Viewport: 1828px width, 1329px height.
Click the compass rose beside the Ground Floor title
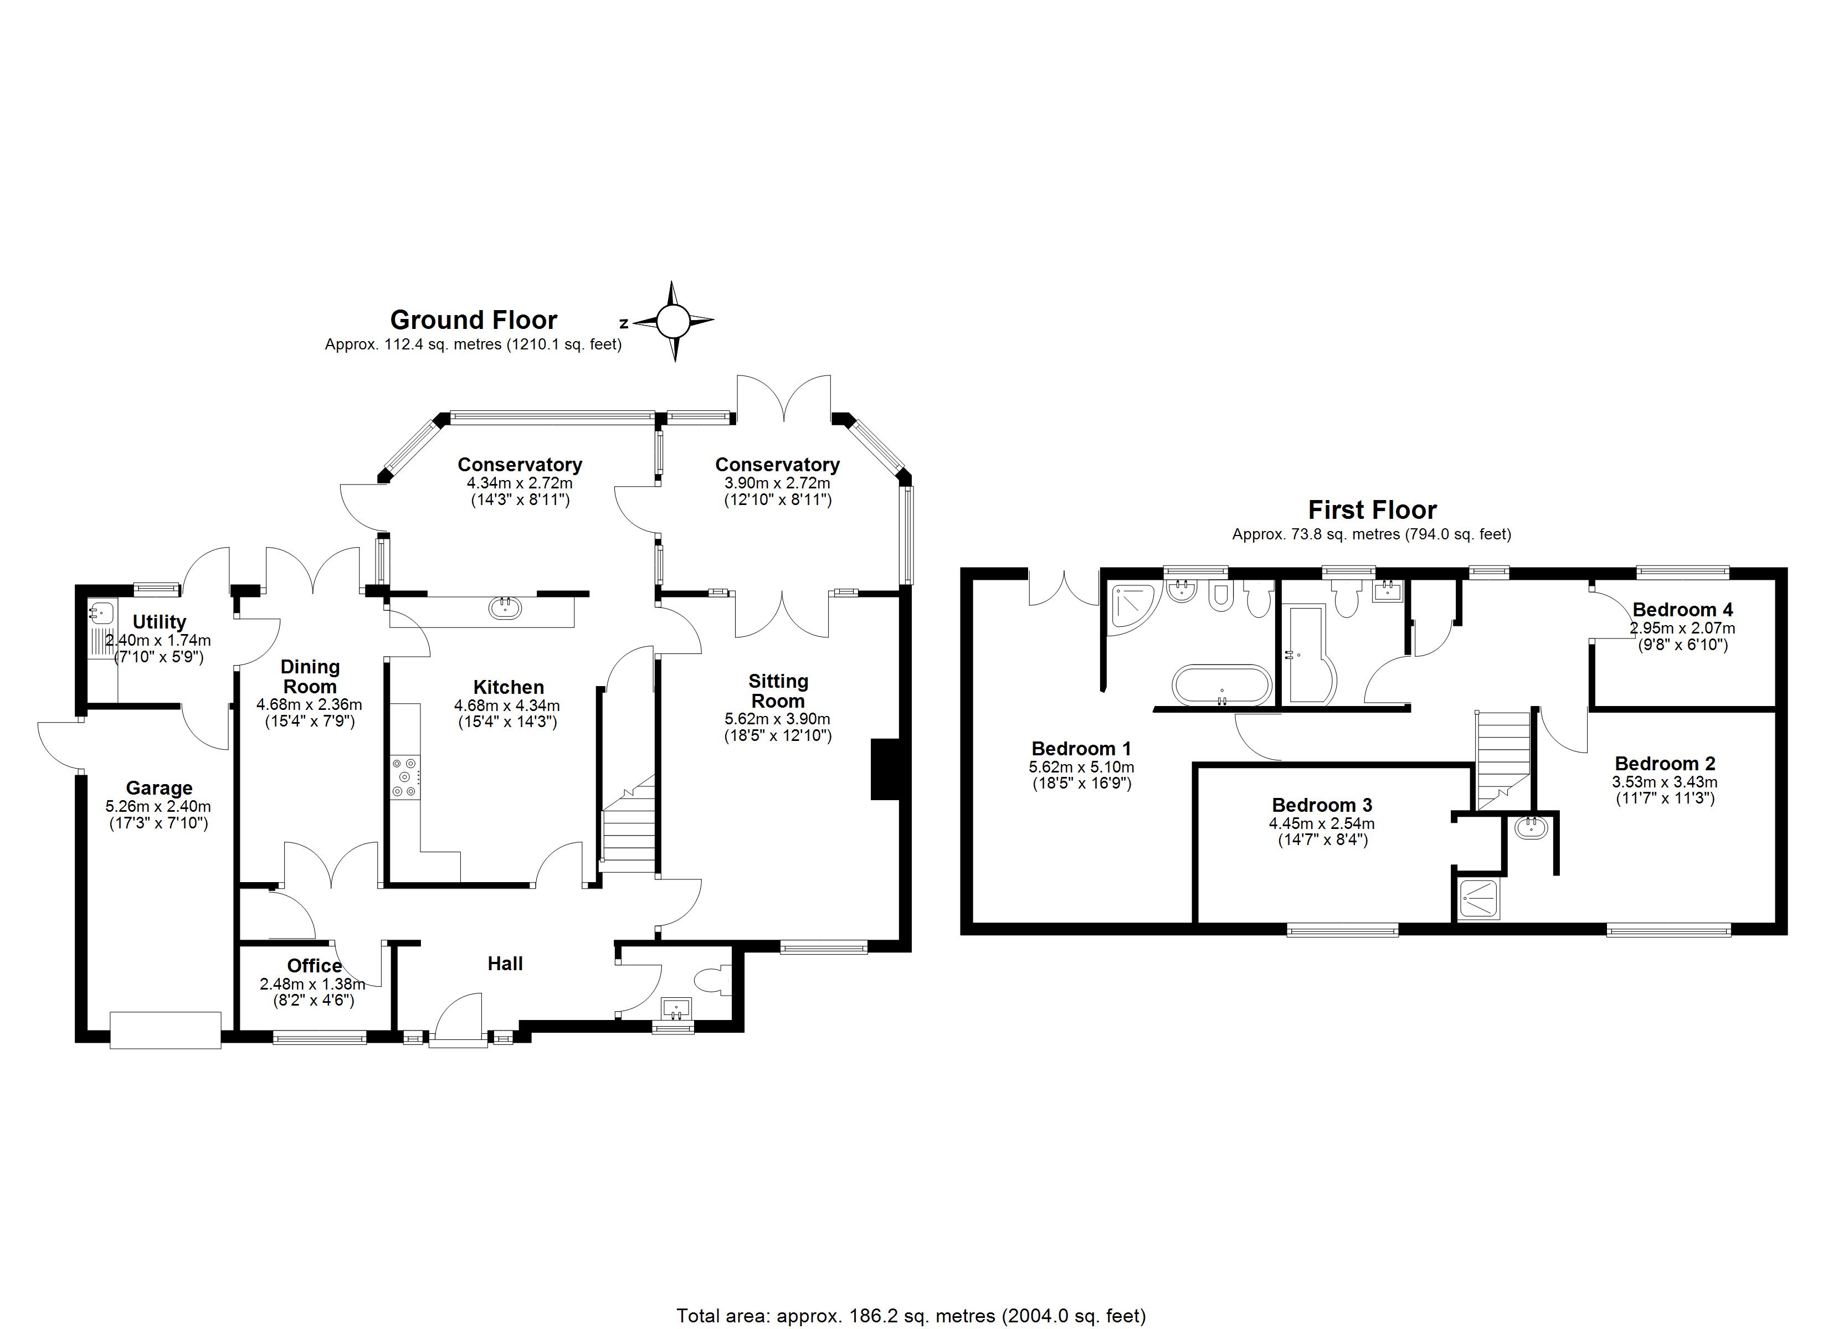[673, 322]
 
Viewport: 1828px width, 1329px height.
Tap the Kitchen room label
[508, 687]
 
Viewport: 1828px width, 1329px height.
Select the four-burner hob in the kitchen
[405, 777]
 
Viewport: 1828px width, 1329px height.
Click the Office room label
[314, 966]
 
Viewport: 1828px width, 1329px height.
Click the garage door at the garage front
[165, 1030]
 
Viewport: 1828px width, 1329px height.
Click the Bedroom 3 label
[1322, 805]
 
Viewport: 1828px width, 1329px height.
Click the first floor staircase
[1503, 758]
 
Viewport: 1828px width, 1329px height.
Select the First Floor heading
[1372, 510]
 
